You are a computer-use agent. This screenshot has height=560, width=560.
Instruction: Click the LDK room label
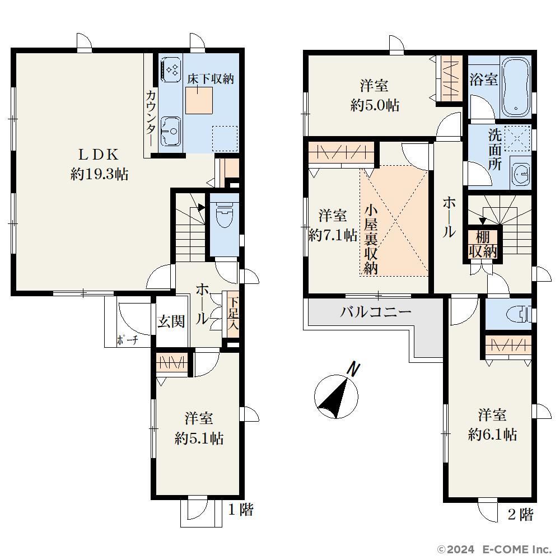[99, 155]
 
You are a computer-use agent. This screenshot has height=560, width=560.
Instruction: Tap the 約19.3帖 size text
[100, 174]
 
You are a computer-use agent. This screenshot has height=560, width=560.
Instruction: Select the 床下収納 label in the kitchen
[211, 78]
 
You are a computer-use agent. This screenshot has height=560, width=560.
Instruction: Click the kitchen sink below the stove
[170, 132]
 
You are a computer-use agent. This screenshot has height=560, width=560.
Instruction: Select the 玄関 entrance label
[171, 322]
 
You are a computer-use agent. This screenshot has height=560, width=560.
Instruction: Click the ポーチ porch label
[128, 340]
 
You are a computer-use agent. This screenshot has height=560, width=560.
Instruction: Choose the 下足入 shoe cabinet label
[233, 314]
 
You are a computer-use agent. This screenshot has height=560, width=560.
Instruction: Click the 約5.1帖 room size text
[199, 438]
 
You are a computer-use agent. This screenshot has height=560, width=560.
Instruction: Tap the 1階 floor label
[241, 509]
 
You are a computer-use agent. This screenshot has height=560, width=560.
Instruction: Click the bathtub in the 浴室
[516, 87]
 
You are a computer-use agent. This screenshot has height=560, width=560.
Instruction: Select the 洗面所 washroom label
[495, 150]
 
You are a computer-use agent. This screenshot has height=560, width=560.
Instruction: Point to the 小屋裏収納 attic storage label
[371, 240]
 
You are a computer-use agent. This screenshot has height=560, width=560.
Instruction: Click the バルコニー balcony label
[376, 312]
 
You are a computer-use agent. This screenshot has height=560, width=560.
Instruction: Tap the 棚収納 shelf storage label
[483, 244]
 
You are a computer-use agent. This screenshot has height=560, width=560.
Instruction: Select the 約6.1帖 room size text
[492, 435]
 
